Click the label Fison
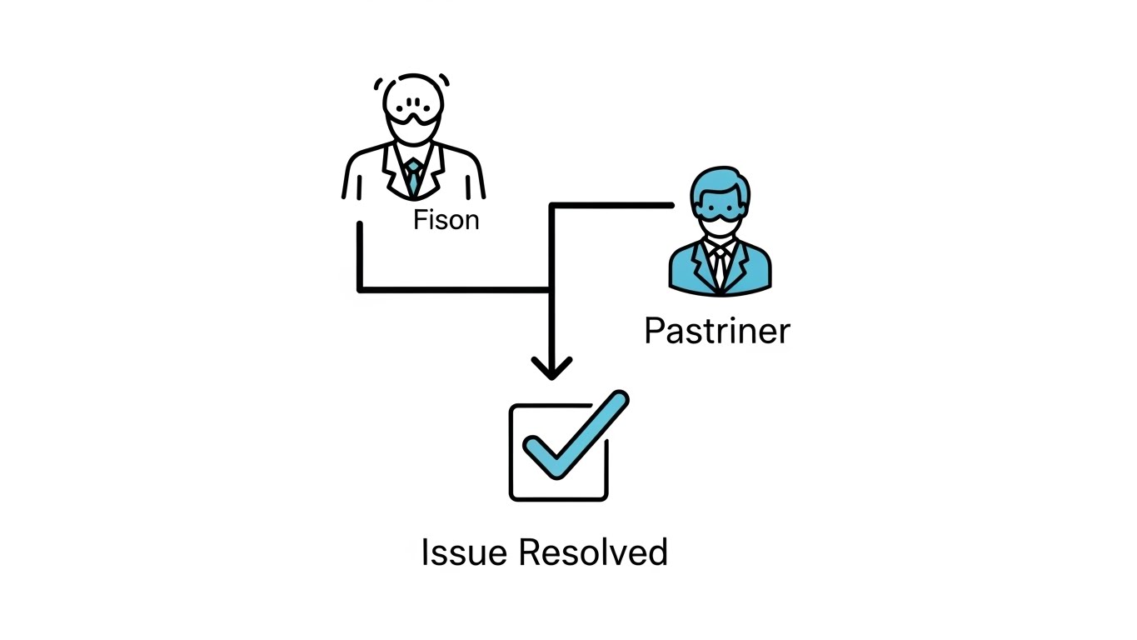[446, 220]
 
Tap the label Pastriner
[716, 331]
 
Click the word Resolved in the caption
[593, 552]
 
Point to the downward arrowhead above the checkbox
[551, 367]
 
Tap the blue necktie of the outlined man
[413, 177]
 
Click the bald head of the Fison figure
[412, 92]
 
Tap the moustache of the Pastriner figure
[720, 223]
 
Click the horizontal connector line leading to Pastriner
[612, 204]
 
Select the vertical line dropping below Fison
[360, 254]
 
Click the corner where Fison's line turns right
[361, 290]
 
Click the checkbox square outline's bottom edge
[558, 498]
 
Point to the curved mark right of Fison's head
[446, 80]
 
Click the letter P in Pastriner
[655, 331]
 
